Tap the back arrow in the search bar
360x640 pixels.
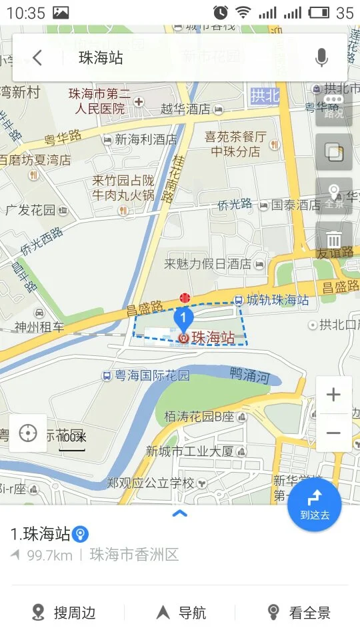[37, 58]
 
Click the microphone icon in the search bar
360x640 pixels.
[322, 58]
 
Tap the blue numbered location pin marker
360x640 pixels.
[183, 318]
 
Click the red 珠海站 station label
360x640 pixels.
[213, 338]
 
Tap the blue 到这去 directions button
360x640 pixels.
[315, 505]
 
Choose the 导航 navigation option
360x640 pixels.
[181, 613]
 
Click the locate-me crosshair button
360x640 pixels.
[28, 433]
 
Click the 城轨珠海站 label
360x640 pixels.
[277, 301]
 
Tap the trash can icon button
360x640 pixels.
[334, 239]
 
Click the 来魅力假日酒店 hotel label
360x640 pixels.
[207, 265]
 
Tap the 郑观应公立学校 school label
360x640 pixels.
[151, 483]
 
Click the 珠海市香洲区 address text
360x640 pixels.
[135, 555]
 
